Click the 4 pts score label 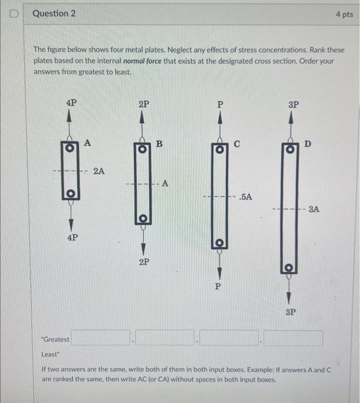point(344,14)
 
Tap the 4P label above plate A point(71,103)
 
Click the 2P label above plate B point(144,104)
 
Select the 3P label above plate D point(293,105)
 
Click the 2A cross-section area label point(99,170)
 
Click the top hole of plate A point(70,148)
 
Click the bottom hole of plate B point(143,219)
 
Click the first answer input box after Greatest point(101,338)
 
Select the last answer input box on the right point(293,338)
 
